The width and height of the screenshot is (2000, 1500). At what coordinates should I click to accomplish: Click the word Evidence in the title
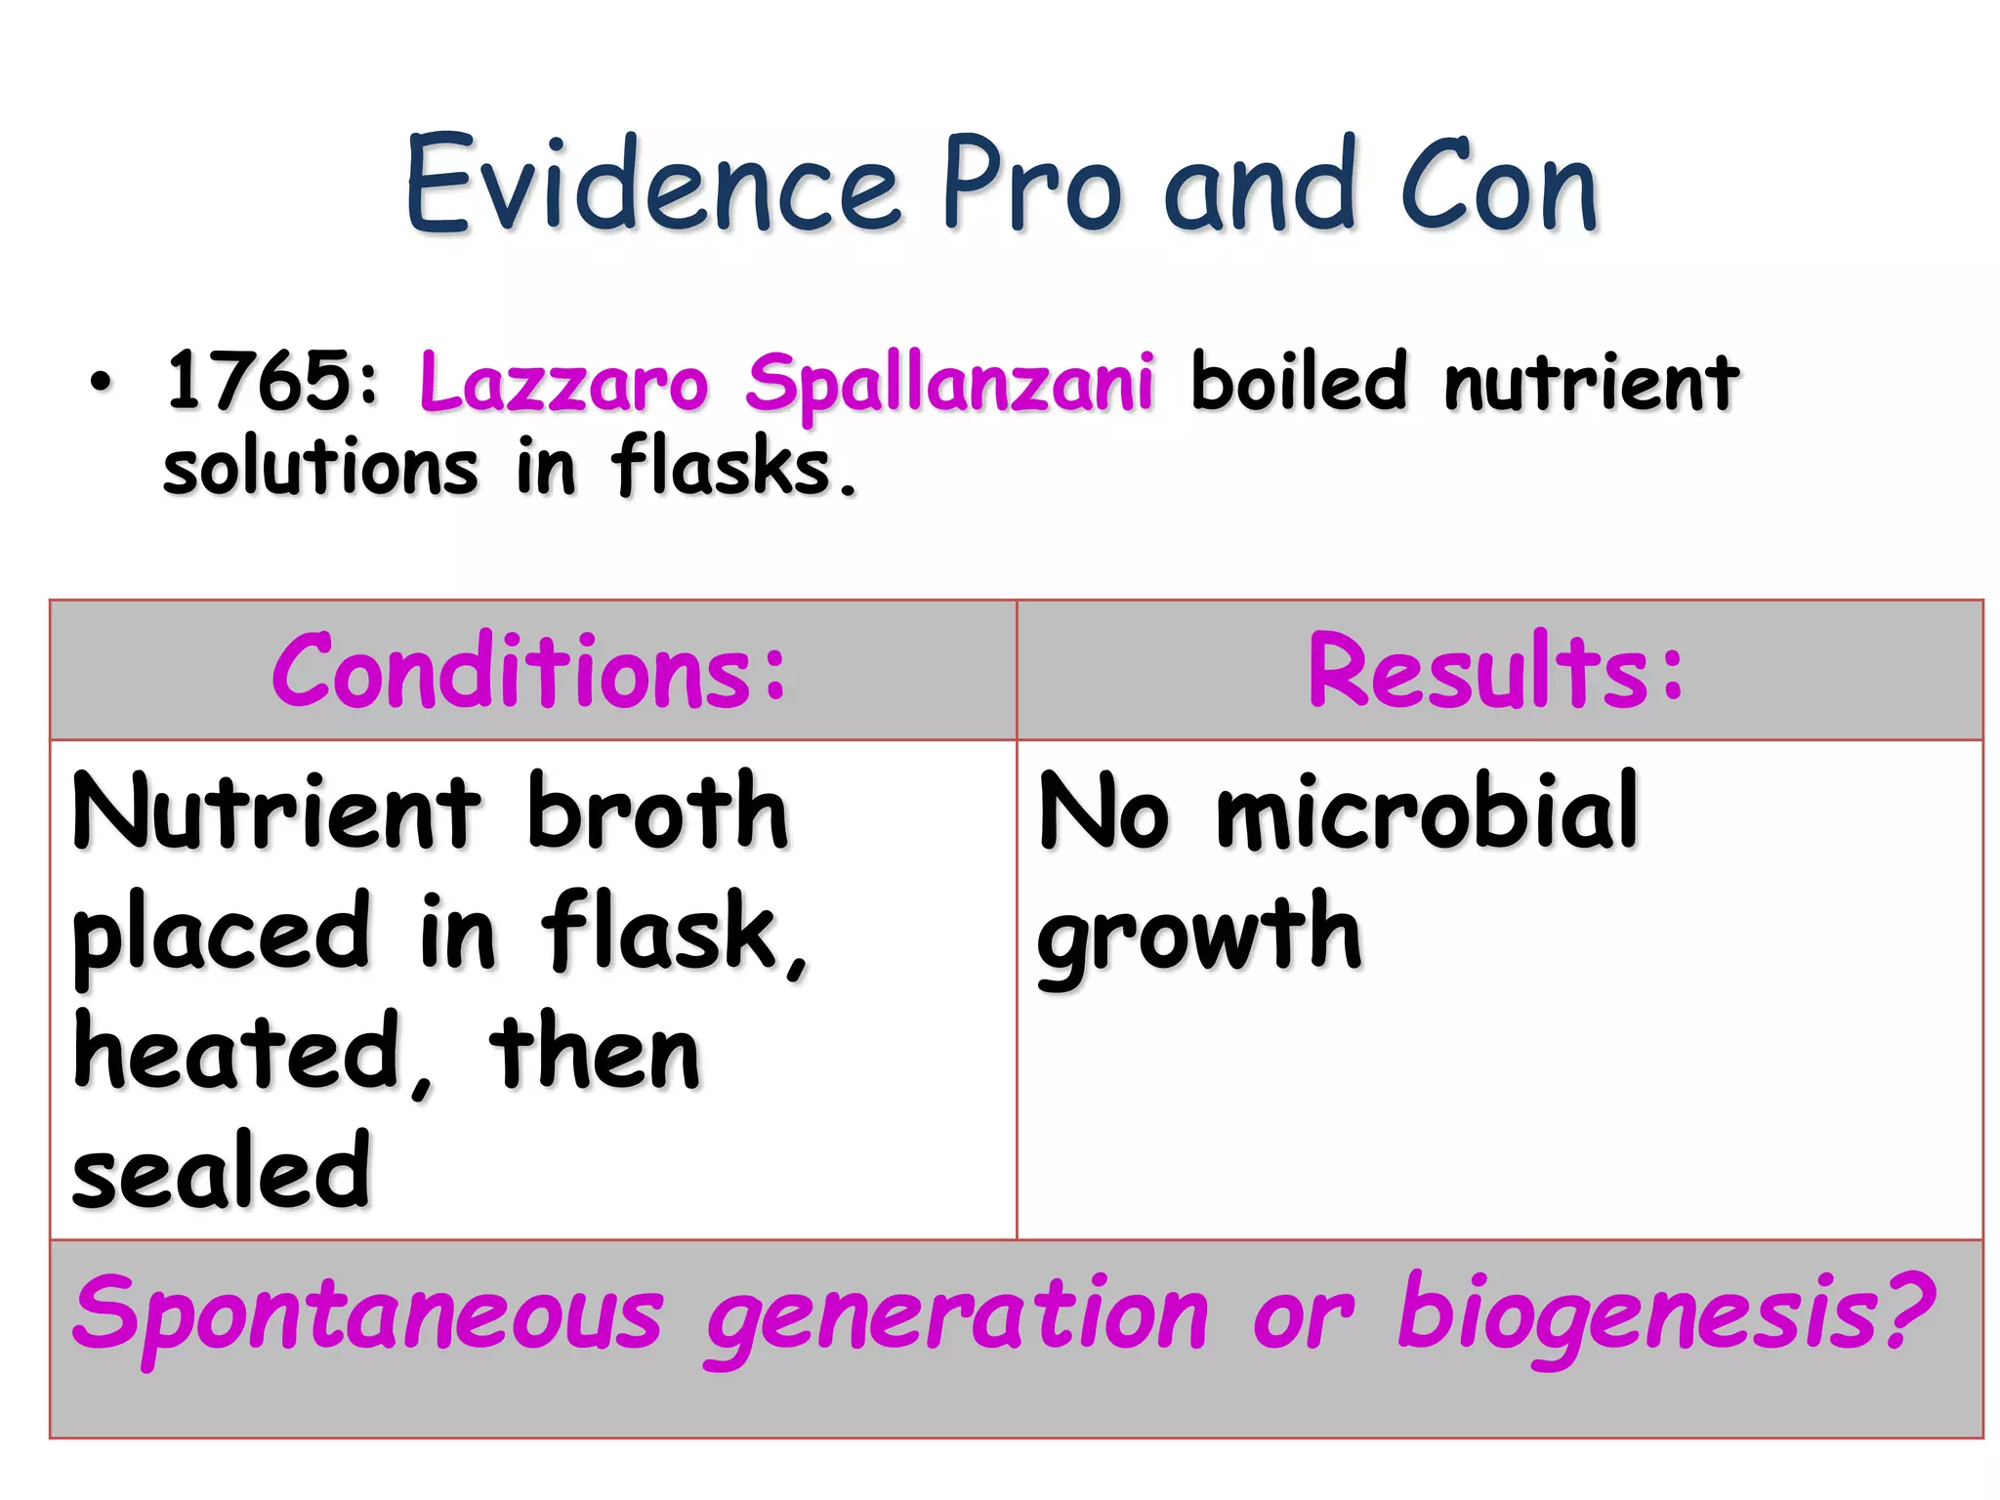650,186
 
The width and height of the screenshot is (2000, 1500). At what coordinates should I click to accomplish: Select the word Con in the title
1499,186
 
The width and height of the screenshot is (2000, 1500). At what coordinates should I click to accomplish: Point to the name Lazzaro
563,383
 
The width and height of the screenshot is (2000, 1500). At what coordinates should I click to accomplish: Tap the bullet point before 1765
101,383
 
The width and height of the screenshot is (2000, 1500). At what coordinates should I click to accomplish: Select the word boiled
1299,381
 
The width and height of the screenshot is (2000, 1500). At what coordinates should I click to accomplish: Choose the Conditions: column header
528,672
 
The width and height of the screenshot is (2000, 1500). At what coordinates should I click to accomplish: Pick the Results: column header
1495,672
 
